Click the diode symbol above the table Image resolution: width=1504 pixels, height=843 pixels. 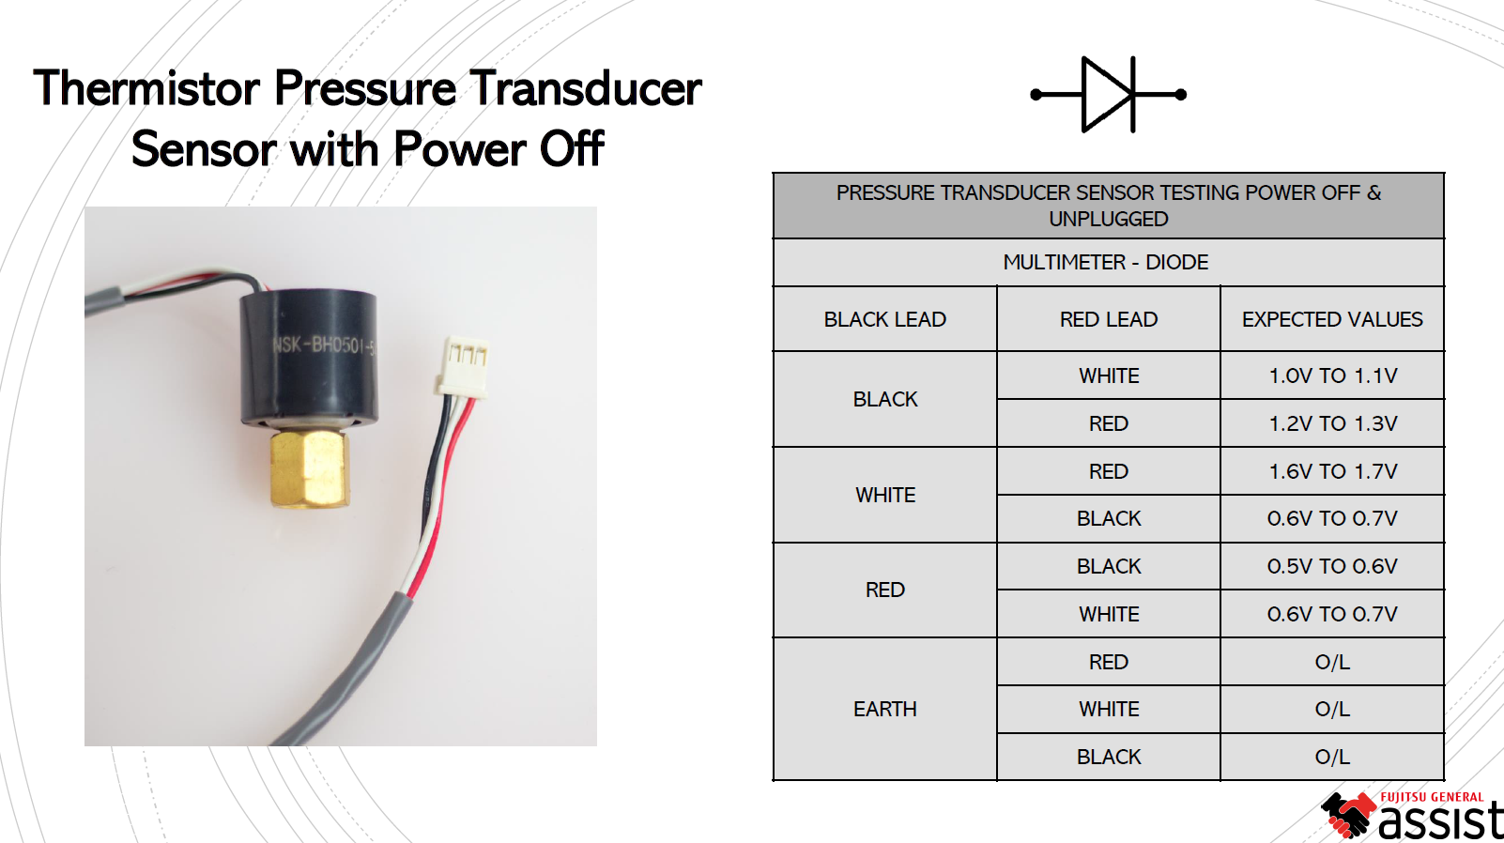(1108, 94)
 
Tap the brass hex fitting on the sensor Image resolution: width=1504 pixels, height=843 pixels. (310, 468)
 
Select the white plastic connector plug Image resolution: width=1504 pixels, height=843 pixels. (463, 367)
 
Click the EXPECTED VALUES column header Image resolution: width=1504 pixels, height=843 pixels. (1332, 319)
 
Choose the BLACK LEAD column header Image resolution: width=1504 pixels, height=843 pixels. (884, 319)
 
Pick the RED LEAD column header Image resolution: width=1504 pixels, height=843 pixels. (1108, 319)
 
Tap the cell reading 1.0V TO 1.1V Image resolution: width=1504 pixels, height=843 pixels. (1332, 376)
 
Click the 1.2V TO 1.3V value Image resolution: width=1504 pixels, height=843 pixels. (1332, 423)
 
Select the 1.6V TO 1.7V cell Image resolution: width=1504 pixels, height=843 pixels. (1332, 471)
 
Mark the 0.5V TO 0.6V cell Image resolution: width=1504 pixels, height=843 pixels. (1332, 566)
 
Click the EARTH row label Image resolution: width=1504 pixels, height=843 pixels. (884, 709)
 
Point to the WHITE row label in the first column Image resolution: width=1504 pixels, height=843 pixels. (884, 495)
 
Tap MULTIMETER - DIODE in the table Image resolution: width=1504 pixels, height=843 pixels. (1105, 262)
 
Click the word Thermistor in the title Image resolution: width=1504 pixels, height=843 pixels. (146, 88)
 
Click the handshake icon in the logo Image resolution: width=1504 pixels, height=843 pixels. (1348, 814)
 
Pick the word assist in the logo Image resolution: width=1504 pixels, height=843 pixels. (1440, 820)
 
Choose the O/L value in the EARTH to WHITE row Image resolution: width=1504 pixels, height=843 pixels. (1332, 709)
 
